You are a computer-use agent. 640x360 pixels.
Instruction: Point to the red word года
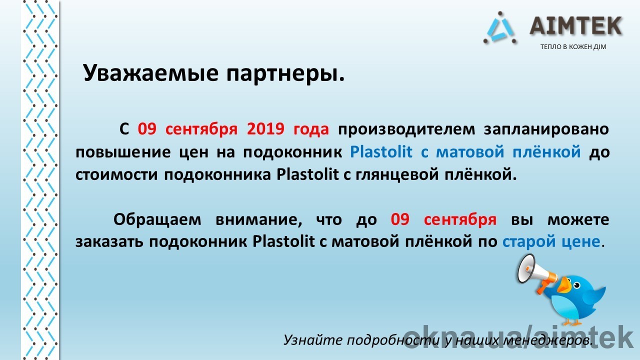[x=311, y=129]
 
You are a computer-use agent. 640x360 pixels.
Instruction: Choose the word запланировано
[x=546, y=129]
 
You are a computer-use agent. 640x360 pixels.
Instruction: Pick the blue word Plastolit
[x=381, y=152]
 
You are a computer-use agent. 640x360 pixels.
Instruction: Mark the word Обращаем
[x=157, y=219]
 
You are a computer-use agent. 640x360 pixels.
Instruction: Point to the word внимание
[x=258, y=219]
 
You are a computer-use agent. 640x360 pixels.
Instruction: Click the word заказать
[x=109, y=242]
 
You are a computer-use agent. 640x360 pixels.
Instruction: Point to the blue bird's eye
[x=576, y=285]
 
